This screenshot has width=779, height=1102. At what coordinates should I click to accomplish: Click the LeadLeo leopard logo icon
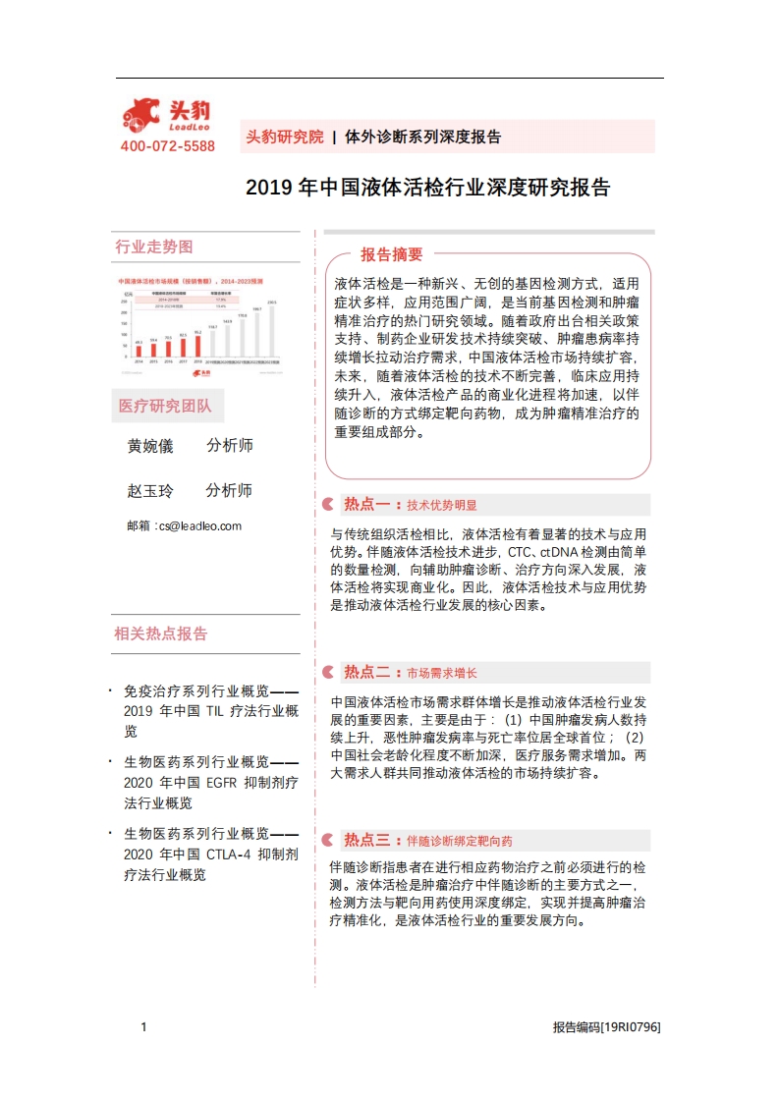click(x=140, y=116)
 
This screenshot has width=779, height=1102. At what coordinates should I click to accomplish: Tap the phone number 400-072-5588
click(x=167, y=146)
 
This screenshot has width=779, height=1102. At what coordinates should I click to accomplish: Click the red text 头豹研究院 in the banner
click(x=284, y=138)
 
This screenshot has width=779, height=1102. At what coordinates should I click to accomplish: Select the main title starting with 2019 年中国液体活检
click(x=427, y=188)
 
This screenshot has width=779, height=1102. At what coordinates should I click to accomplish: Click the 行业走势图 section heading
click(x=154, y=247)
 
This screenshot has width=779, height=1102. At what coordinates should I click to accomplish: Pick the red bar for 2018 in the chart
click(x=197, y=346)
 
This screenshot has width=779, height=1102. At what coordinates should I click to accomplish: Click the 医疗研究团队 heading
click(x=164, y=407)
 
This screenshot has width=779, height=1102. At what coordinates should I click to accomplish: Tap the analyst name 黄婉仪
click(x=150, y=446)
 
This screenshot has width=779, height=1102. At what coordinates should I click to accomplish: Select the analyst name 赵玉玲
click(x=150, y=491)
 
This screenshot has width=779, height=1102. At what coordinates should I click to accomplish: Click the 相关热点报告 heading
click(x=161, y=634)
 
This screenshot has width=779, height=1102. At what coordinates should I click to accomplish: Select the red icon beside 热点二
click(x=327, y=673)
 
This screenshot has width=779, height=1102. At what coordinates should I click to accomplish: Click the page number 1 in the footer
click(x=143, y=1027)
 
